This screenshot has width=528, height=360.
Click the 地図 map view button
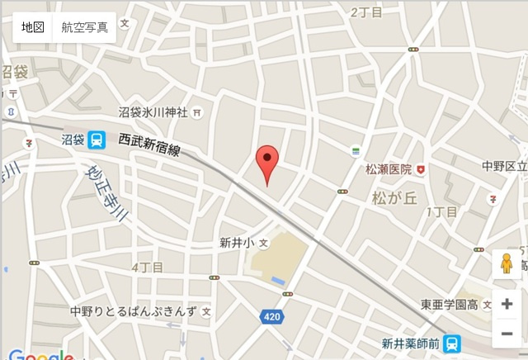coord(33,27)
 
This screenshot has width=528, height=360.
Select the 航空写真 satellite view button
coord(85,27)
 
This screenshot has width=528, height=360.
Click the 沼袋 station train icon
coord(97,140)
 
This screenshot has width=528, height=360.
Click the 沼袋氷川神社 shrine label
coord(153,111)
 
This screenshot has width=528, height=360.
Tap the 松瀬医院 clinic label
coord(389,169)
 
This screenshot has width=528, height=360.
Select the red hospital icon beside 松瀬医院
coord(422,169)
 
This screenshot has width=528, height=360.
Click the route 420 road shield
coord(271,317)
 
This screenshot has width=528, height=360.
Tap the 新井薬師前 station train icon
coord(451,343)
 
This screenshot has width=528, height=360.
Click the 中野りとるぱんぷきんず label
coord(133,311)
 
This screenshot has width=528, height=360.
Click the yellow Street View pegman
coord(506,265)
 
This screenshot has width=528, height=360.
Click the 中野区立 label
coord(505,167)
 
